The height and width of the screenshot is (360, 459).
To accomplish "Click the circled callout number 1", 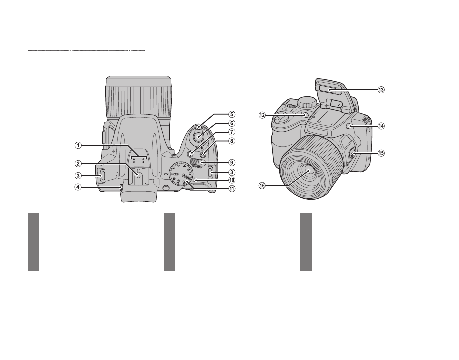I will click(78, 145).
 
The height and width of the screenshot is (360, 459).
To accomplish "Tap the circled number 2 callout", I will click(78, 163).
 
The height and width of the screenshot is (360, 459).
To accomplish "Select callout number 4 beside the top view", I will click(78, 188).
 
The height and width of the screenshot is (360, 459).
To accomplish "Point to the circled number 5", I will click(232, 113).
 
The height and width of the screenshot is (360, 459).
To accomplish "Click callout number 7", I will click(232, 132).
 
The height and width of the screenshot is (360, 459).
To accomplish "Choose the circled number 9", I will click(232, 162).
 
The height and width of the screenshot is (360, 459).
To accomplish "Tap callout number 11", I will click(232, 189).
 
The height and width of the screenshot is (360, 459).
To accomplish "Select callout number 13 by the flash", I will click(381, 90).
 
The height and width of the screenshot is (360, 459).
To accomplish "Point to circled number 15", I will click(381, 153).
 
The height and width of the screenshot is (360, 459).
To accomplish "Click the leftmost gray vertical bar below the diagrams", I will click(33, 242).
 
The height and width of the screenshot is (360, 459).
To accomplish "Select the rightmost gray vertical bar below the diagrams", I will click(306, 242).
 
